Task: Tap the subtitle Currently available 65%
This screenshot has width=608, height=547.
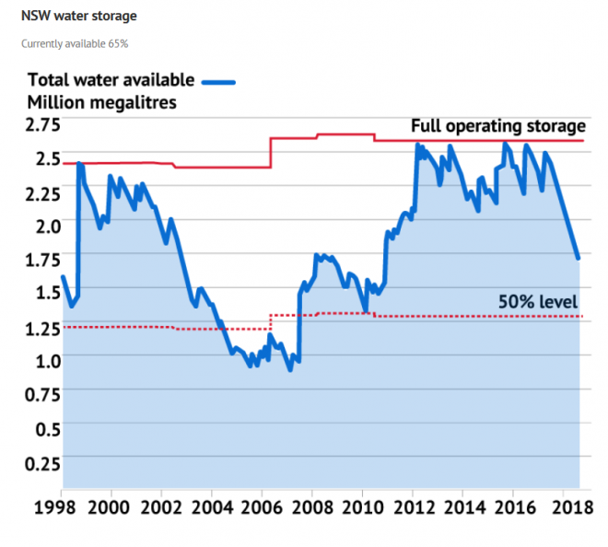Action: (74, 42)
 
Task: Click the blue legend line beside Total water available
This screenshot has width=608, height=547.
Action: (217, 81)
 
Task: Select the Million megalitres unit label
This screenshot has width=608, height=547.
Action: (101, 101)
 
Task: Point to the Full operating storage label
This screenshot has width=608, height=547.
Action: (497, 125)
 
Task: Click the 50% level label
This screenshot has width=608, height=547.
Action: (538, 301)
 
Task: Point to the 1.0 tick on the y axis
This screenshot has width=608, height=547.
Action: (44, 362)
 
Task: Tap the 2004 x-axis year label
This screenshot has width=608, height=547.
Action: (212, 506)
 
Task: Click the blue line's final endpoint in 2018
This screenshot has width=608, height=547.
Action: (579, 258)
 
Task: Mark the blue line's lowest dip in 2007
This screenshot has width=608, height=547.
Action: (290, 369)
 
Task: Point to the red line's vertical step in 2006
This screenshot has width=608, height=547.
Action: (271, 153)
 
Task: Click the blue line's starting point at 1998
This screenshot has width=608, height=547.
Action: (63, 277)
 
